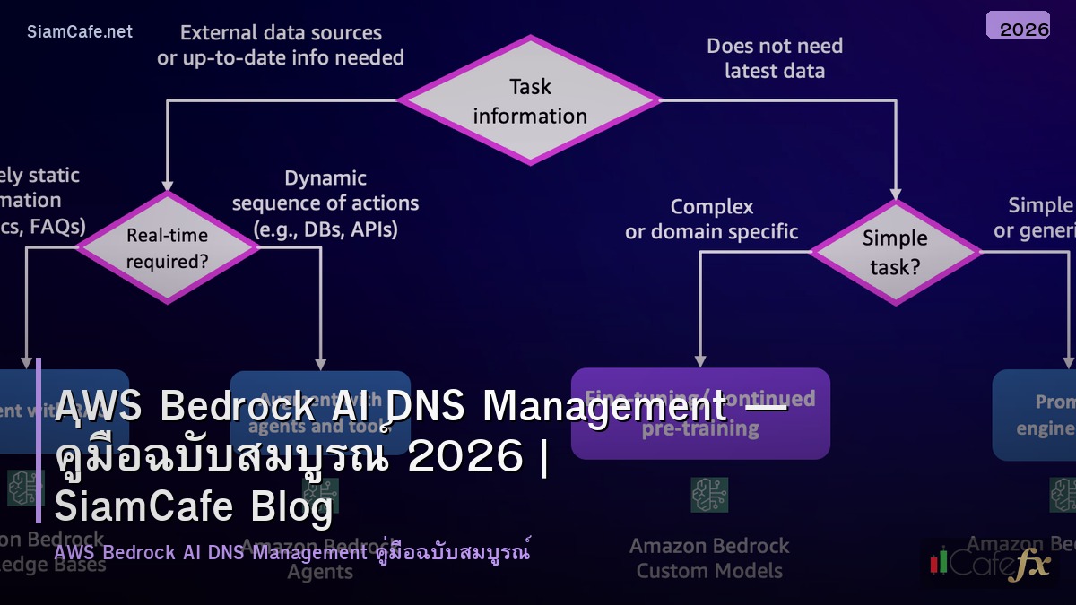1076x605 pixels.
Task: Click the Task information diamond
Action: coord(530,100)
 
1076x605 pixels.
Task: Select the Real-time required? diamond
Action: coord(168,248)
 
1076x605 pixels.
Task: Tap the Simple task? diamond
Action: coord(895,252)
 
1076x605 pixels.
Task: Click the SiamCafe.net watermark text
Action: coord(80,31)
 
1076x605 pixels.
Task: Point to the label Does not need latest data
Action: coord(775,57)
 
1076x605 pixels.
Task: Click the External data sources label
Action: coord(281,45)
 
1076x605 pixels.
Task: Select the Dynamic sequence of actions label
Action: coord(325,203)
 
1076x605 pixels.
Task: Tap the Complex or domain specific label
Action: coord(712,219)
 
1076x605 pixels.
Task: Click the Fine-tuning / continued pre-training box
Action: coord(700,413)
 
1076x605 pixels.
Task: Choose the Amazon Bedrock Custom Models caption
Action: coord(709,557)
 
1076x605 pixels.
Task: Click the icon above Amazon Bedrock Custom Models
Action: coord(709,495)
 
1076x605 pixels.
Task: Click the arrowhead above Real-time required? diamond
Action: coord(168,184)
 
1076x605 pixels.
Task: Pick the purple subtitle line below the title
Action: coord(291,552)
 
